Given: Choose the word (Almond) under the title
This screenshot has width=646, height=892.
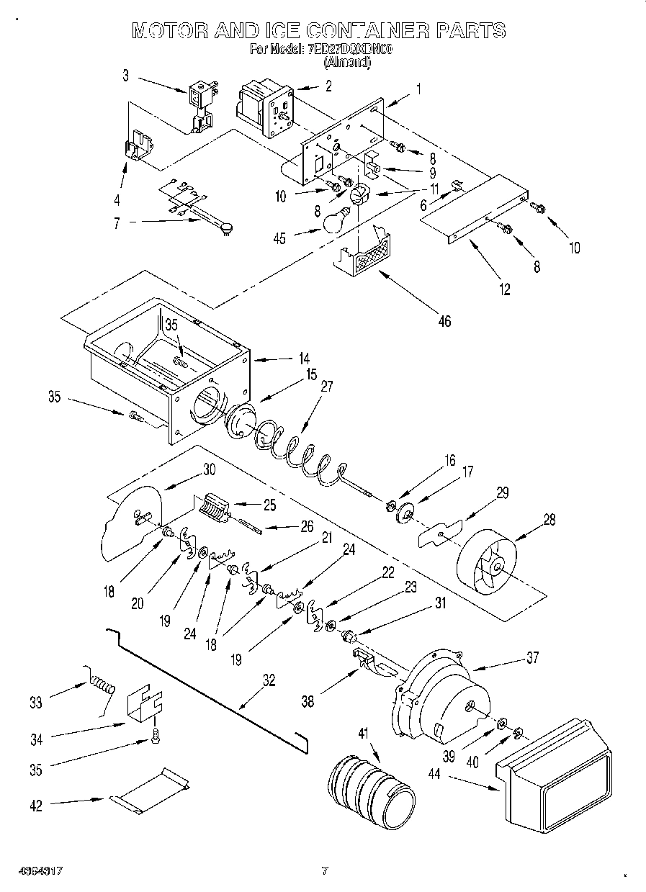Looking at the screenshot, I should click(348, 63).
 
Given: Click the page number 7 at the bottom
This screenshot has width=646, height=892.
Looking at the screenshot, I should click(325, 870).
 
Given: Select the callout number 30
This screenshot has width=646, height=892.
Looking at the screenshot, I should click(209, 469).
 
